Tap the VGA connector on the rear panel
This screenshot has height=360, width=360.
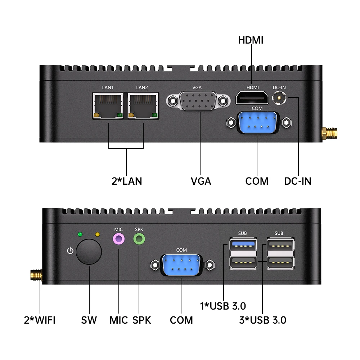198,101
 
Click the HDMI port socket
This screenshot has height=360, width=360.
252,98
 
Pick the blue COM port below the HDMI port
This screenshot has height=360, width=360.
257,122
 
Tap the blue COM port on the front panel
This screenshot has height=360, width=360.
182,265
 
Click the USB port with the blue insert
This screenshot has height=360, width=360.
243,245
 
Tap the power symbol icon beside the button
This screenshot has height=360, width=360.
70,250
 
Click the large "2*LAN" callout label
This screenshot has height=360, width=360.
127,181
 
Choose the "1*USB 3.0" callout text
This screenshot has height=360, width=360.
223,306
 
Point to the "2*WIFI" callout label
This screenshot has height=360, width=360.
40,320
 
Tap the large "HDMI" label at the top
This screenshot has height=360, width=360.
251,40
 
